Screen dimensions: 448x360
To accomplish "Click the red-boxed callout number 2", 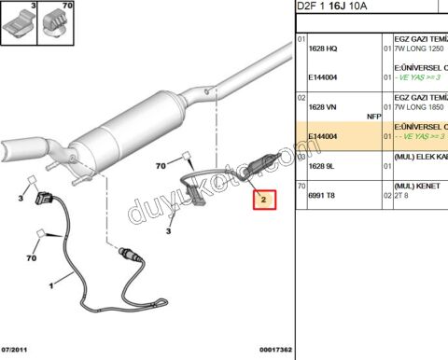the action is pos(264,200).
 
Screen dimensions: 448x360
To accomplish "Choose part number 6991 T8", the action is pos(322,197).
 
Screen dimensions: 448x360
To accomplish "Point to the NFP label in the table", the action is pos(375,117).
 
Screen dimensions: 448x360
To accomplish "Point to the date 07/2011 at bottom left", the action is pos(18,349).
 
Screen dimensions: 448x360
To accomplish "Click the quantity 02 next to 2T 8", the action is pos(386,197).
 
